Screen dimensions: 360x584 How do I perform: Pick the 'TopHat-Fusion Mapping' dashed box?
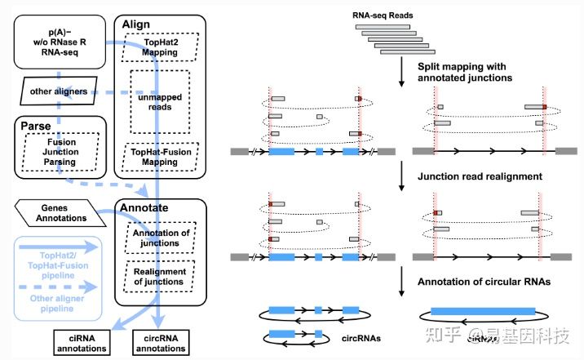(159, 155)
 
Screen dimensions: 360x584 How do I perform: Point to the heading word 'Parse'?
(35, 128)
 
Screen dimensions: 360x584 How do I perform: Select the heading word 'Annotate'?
(144, 208)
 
